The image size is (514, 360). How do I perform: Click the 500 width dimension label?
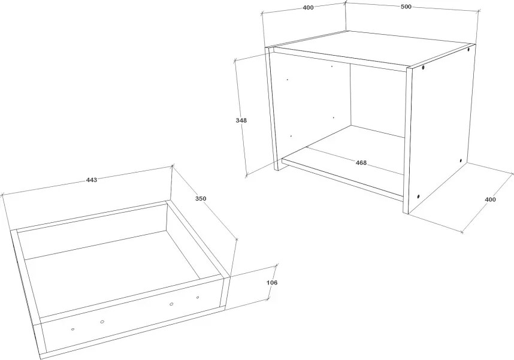[406, 7]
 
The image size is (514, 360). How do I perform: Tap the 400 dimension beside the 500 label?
[308, 8]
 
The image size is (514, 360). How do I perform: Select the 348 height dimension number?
[241, 120]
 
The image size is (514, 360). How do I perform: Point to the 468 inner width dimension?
[361, 162]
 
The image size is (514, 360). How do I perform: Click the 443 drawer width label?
[92, 180]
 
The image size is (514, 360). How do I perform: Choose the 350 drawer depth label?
[201, 198]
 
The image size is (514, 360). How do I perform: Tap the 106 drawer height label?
[272, 282]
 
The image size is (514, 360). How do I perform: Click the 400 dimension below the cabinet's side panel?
[490, 199]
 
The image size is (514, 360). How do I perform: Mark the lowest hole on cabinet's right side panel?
[419, 196]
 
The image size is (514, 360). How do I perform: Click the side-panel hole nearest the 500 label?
[468, 50]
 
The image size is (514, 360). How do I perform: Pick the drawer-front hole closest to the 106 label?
[198, 298]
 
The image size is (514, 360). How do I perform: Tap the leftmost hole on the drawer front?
[72, 329]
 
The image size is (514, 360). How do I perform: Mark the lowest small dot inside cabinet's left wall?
[291, 136]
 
